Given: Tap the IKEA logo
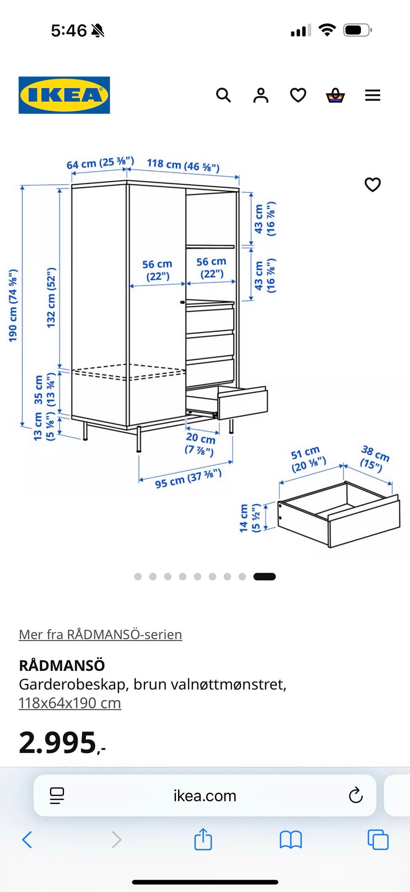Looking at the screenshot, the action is (x=64, y=95).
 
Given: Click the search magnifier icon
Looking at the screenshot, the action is (x=223, y=95).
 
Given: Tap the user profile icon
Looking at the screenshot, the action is (x=261, y=95).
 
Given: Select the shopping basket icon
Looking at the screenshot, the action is (x=335, y=95).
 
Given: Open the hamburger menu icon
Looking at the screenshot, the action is (x=372, y=95).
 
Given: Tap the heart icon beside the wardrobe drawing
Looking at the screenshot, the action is (x=372, y=184).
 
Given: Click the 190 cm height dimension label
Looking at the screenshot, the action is (x=13, y=305).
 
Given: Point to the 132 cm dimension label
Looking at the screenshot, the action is (x=51, y=298).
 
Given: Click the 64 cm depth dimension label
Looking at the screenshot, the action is (x=100, y=162).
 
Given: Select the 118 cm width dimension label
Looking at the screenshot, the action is (x=183, y=165).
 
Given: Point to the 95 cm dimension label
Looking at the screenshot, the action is (x=188, y=478).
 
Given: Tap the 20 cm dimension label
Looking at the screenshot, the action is (x=200, y=443).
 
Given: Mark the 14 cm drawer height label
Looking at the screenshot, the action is (x=249, y=518).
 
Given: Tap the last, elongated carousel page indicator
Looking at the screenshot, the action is (x=264, y=576).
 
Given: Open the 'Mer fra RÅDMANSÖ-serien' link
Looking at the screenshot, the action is (x=100, y=635).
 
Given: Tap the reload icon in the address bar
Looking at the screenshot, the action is (x=355, y=795).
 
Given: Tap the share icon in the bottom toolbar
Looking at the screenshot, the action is (x=203, y=839).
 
